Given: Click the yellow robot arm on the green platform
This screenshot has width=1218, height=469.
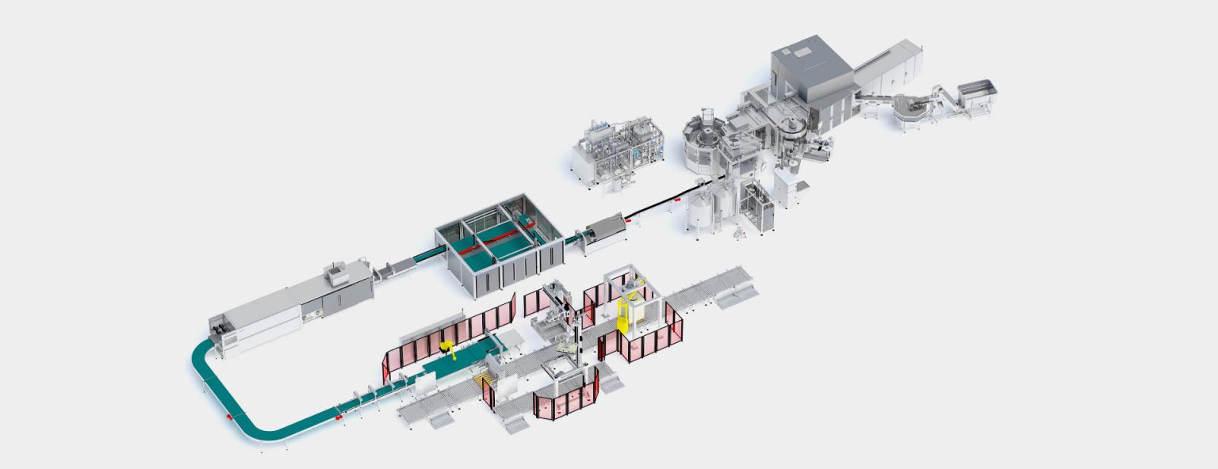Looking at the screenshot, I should coord(448,349).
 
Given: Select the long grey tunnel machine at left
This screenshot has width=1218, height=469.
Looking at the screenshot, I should coord(289,305).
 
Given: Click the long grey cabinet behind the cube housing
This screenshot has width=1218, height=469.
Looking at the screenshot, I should coord(892,66).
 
